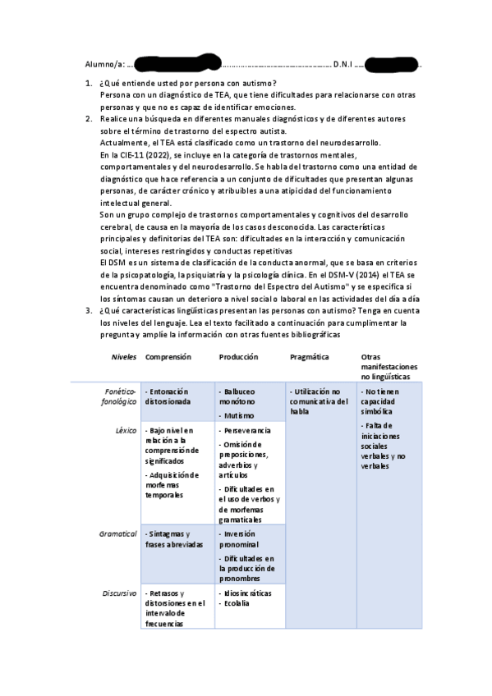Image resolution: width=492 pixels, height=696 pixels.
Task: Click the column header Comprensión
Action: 168,357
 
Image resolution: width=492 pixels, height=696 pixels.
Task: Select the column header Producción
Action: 238,357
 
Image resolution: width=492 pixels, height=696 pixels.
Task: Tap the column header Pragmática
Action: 310,357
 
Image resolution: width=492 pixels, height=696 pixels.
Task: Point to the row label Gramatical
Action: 117,533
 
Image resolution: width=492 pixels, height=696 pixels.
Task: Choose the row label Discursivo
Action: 119,593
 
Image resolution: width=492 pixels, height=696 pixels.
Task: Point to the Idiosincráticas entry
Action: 247,593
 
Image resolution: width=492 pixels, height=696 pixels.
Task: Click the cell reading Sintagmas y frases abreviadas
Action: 175,539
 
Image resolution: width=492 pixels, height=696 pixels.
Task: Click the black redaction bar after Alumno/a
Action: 176,62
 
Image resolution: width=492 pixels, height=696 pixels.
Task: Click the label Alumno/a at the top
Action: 104,63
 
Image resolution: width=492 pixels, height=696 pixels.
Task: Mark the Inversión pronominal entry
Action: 241,539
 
